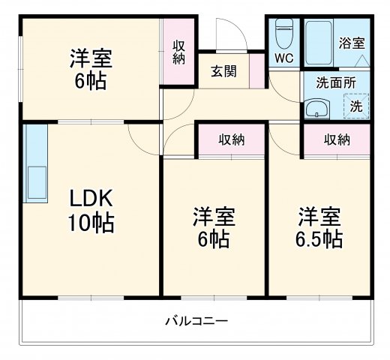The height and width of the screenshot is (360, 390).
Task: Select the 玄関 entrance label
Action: coord(223,71)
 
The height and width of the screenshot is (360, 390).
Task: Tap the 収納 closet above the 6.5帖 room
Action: coord(337,139)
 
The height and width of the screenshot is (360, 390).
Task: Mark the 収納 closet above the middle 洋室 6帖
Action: coord(232,139)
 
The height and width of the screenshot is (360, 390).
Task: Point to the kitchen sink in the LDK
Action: coord(35,180)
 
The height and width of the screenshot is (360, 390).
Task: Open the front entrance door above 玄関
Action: coord(226,37)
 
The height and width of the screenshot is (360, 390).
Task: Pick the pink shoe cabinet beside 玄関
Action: coord(257,72)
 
